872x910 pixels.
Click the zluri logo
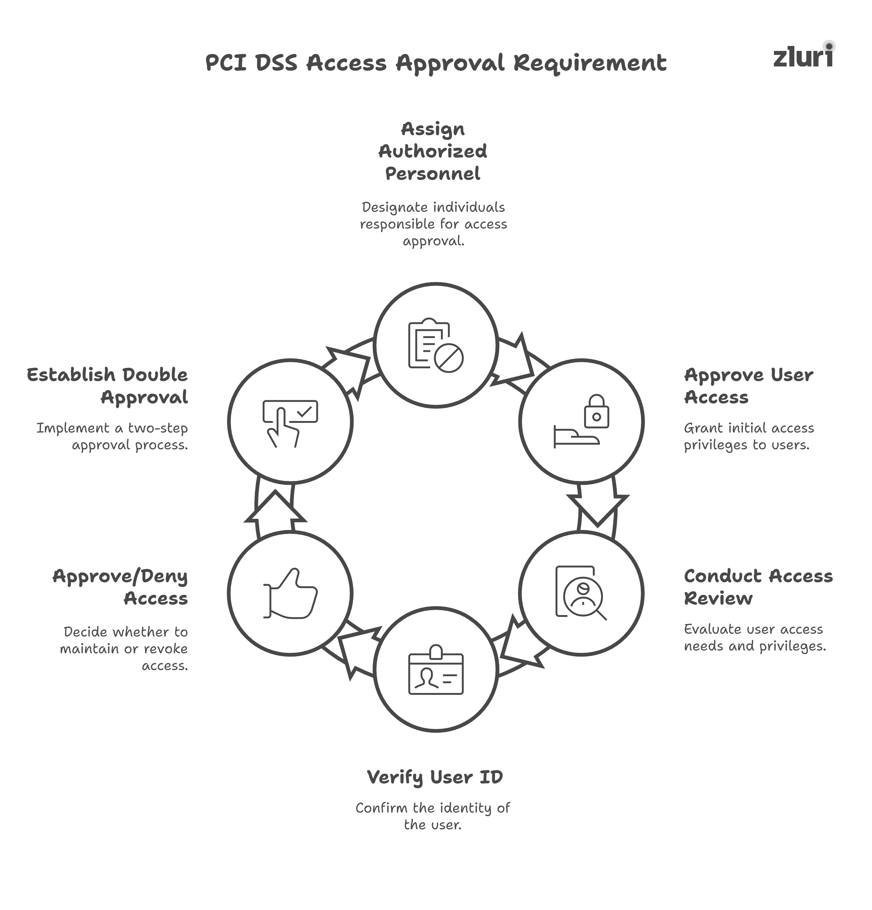click(x=802, y=57)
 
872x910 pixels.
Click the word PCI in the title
click(x=226, y=63)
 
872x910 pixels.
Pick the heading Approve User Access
click(x=748, y=386)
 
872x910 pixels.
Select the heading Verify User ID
click(x=435, y=777)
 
